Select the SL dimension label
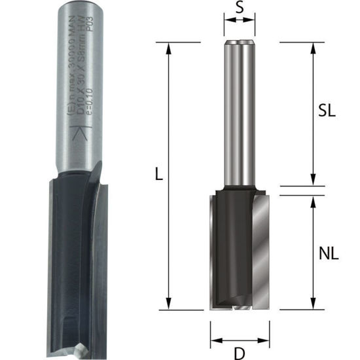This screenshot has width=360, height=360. [x=327, y=111]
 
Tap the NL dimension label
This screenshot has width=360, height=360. [x=330, y=254]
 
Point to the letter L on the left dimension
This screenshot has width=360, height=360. [x=158, y=175]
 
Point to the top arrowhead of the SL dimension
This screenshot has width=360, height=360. [x=313, y=47]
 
